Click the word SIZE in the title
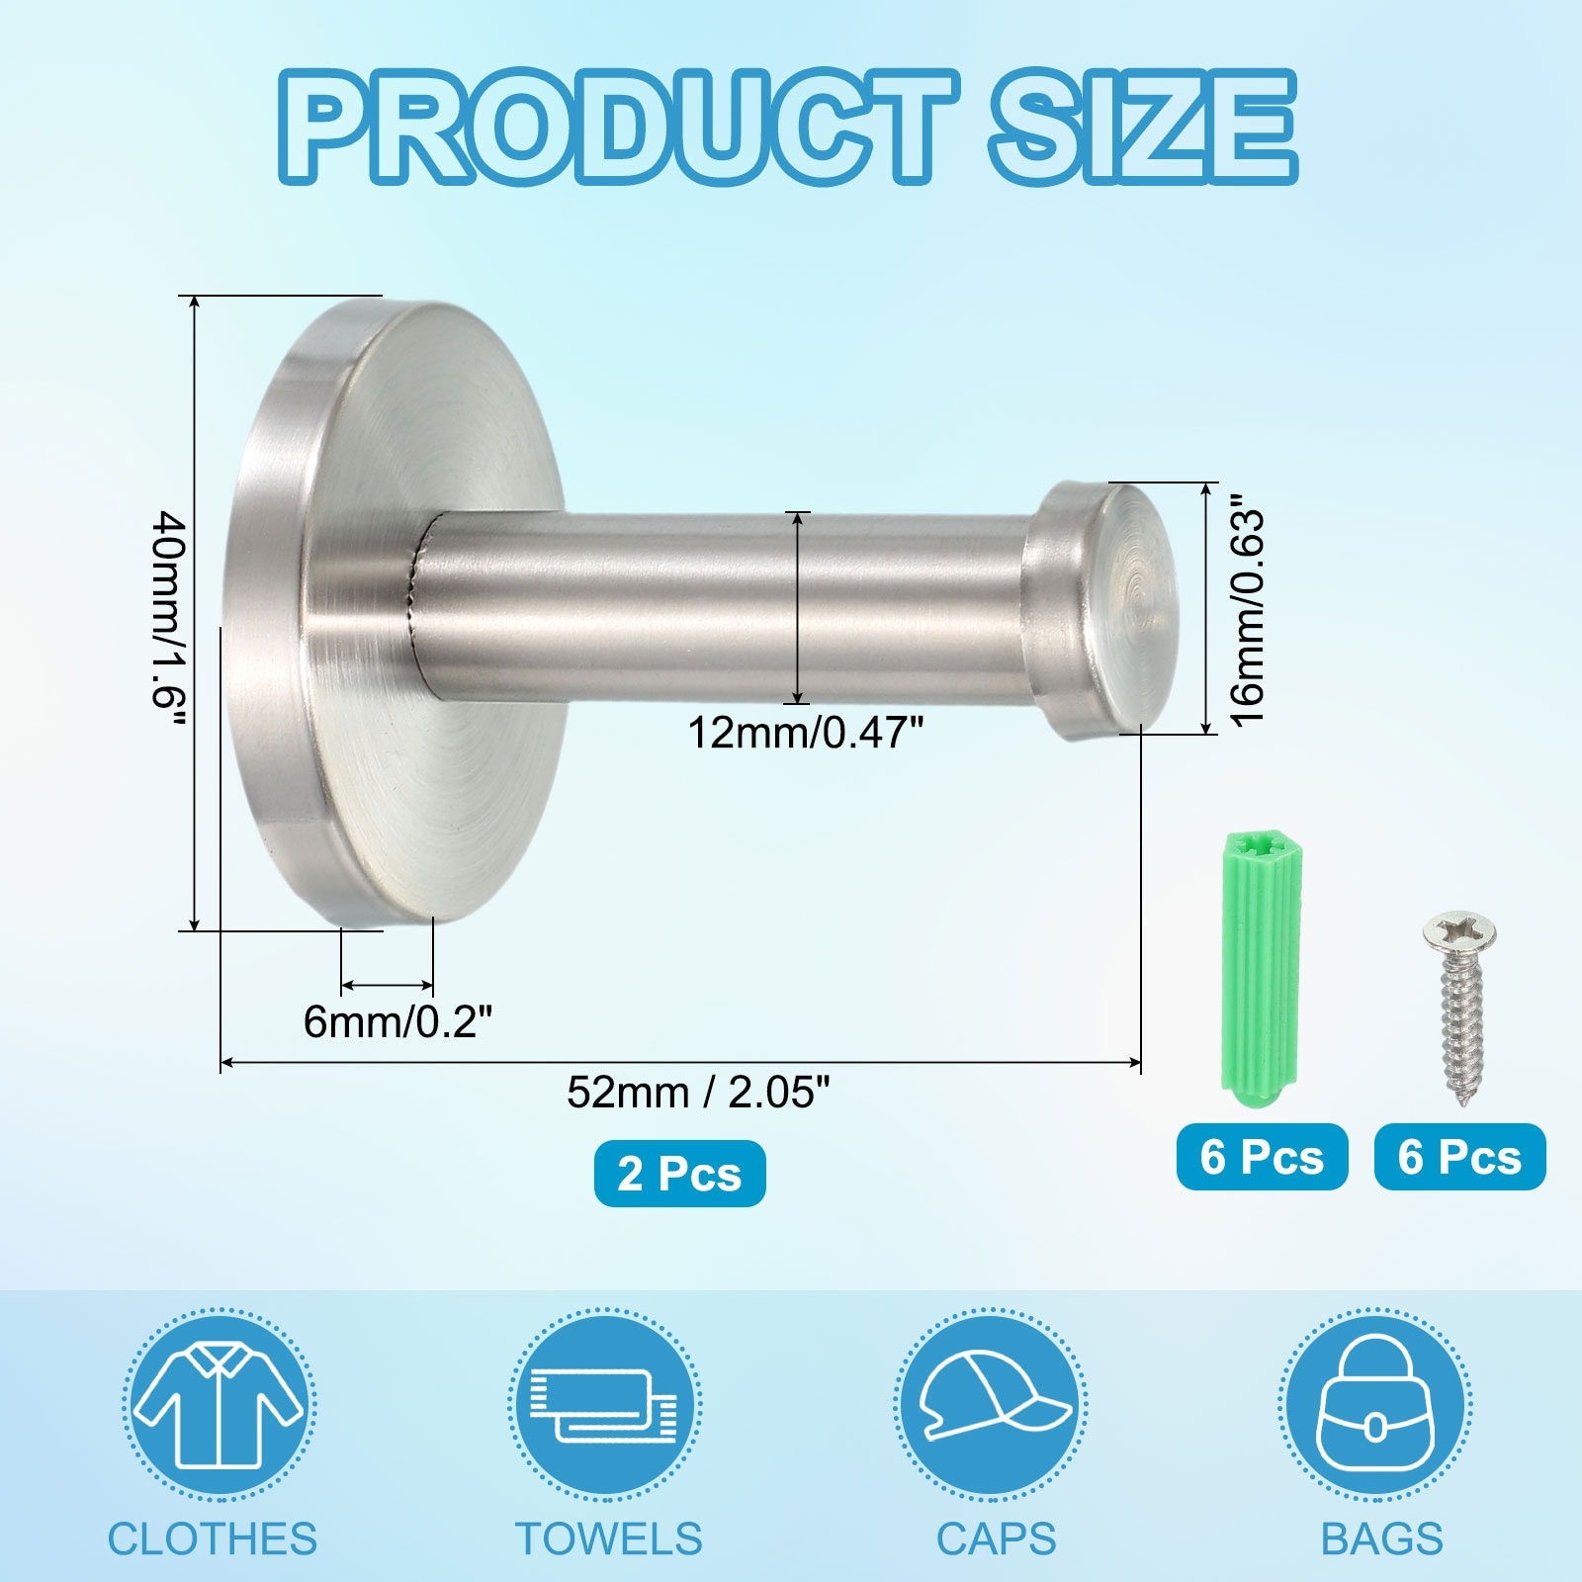(x=1141, y=129)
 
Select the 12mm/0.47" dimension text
(x=806, y=734)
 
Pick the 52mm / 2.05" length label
(x=698, y=1093)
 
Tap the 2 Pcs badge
(x=679, y=1174)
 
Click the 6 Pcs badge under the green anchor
(x=1262, y=1157)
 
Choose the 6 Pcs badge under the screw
(x=1459, y=1157)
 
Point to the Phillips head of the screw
(x=1459, y=931)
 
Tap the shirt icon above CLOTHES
(x=219, y=1405)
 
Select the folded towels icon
(x=605, y=1405)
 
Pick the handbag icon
(x=1375, y=1405)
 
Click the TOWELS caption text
(x=608, y=1539)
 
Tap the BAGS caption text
(x=1381, y=1539)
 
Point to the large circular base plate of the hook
(x=395, y=613)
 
